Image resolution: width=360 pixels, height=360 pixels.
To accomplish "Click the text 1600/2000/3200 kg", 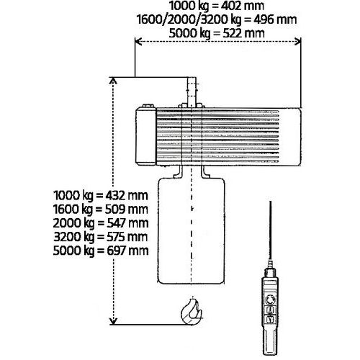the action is coord(189,19).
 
